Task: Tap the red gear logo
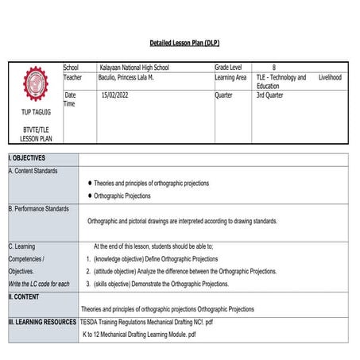click(35, 83)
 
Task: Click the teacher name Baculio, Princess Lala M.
click(136, 77)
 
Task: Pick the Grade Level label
click(231, 68)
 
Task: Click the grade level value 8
click(274, 68)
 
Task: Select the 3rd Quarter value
click(272, 95)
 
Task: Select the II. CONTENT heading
click(25, 296)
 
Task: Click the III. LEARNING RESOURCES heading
click(42, 322)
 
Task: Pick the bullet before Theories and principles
click(90, 183)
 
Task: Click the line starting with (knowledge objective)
click(156, 259)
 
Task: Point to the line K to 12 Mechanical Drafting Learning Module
click(139, 335)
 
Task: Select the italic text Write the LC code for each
click(39, 284)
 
